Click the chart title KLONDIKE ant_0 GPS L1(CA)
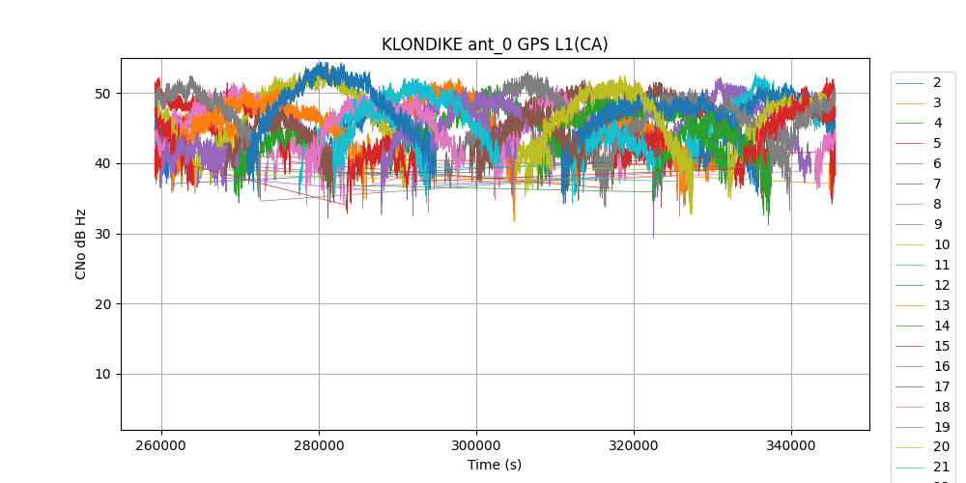[495, 44]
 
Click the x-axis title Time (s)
[495, 465]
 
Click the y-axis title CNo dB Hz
[81, 244]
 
